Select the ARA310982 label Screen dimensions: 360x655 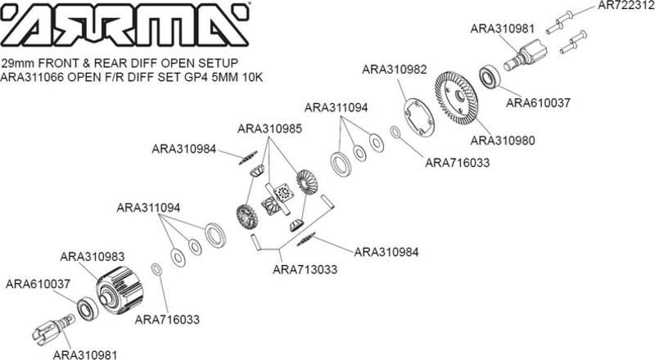coord(395,70)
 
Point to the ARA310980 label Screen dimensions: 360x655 coord(504,140)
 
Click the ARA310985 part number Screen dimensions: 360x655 coord(269,128)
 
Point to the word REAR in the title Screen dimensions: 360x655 coord(102,64)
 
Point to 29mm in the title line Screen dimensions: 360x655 coord(17,64)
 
